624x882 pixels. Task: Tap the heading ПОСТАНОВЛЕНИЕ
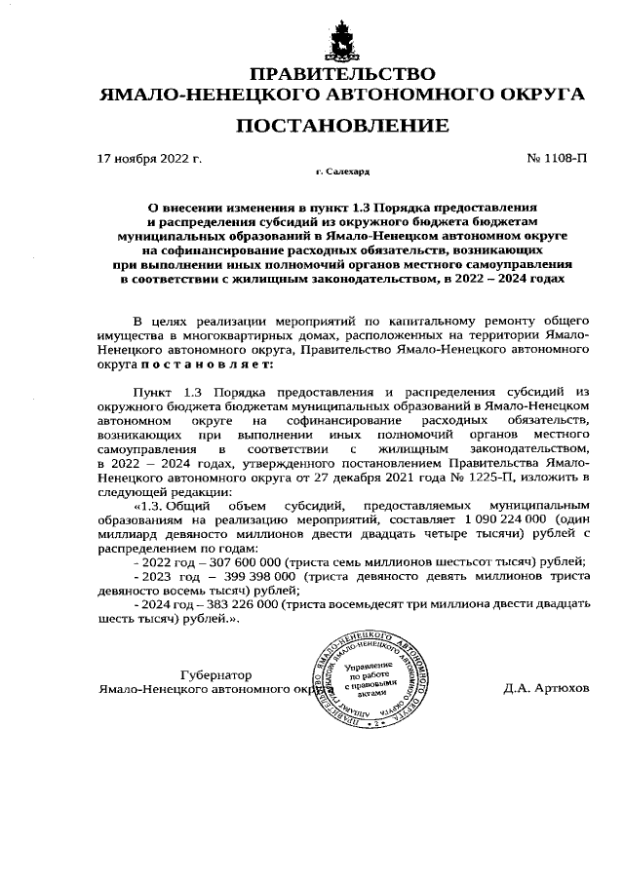[x=341, y=126]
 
